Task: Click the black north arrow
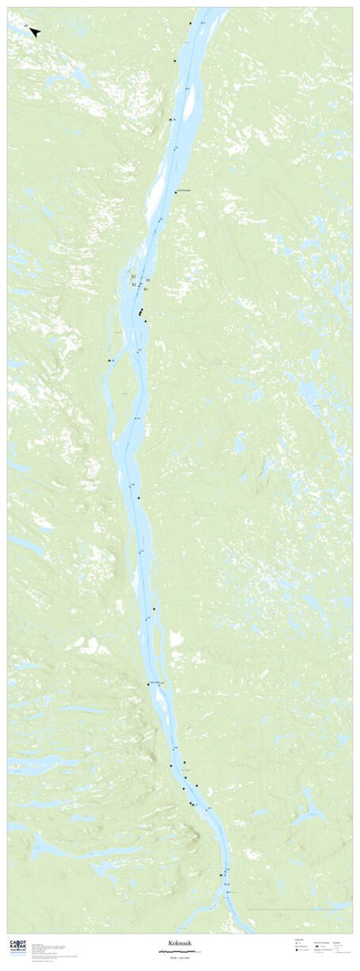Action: point(34,31)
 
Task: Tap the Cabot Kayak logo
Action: point(17,946)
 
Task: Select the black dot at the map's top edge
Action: point(191,23)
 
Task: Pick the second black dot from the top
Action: point(175,60)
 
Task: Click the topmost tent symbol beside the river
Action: point(170,120)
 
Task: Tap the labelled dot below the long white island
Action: point(175,192)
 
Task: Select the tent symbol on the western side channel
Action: point(109,360)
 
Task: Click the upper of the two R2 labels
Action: point(133,276)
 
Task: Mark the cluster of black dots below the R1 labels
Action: point(141,312)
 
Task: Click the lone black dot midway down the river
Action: point(139,498)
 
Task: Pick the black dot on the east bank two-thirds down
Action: point(154,609)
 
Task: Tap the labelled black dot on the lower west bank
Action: point(148,685)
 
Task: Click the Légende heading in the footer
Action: point(298,940)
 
